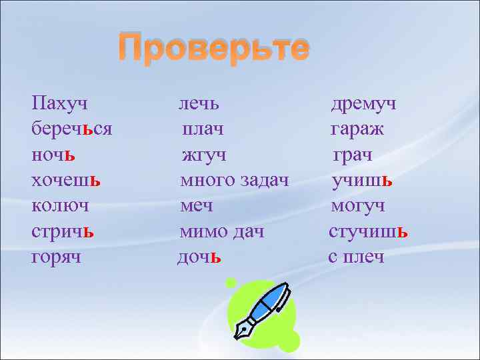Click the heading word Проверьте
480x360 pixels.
213,49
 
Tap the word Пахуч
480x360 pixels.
61,103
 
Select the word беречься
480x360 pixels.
71,129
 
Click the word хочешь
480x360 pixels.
66,180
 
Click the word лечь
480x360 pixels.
199,103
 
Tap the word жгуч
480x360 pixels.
204,155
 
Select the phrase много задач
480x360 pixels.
235,180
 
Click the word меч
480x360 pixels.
198,206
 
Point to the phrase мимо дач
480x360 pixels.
222,231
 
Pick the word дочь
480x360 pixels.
199,257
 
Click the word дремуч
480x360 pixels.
364,103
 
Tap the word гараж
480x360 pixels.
357,129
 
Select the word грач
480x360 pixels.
353,155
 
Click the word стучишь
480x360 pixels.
369,231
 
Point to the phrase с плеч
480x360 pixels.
356,257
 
